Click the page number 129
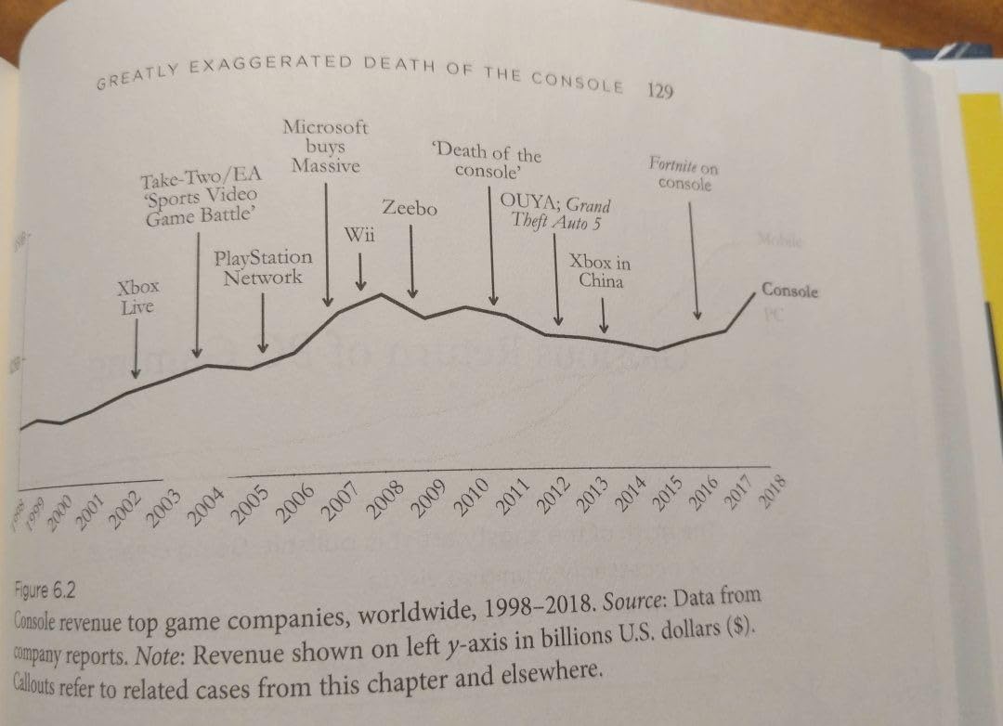(x=659, y=90)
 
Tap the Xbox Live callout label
(x=137, y=296)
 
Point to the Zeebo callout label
(x=410, y=208)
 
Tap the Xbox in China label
(x=600, y=270)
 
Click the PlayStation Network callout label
(x=263, y=266)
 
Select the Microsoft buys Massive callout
(x=325, y=147)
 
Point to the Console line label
(x=789, y=291)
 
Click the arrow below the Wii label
(x=361, y=270)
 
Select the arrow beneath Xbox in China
(x=604, y=317)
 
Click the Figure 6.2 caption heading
(x=46, y=591)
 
